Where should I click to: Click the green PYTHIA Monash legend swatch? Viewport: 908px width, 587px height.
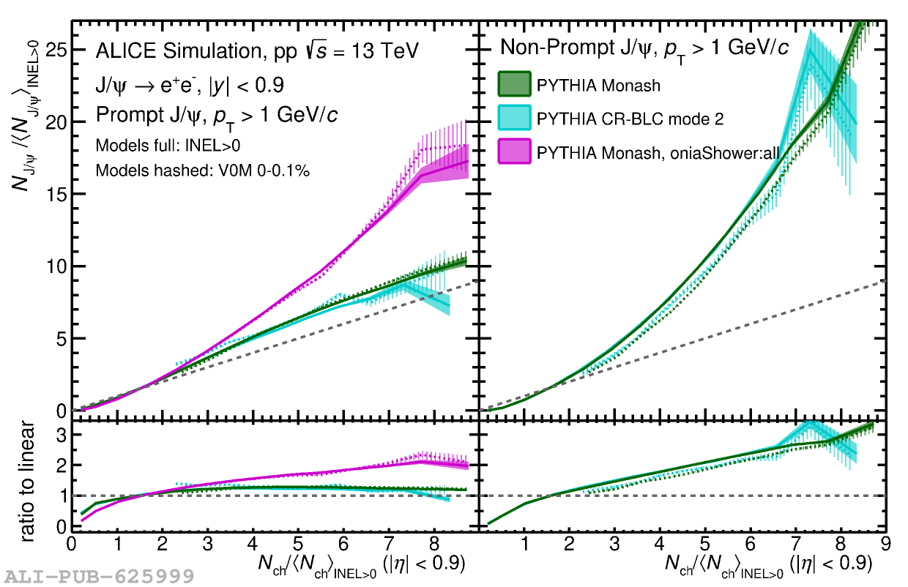[515, 83]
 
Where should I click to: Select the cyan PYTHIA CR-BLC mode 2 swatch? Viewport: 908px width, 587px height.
[515, 117]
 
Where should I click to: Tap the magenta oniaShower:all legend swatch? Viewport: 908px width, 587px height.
[515, 152]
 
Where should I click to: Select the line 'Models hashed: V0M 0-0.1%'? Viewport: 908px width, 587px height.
[203, 171]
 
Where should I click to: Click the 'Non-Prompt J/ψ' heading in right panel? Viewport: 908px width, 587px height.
[579, 48]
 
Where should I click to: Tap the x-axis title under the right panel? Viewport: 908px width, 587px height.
[768, 564]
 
